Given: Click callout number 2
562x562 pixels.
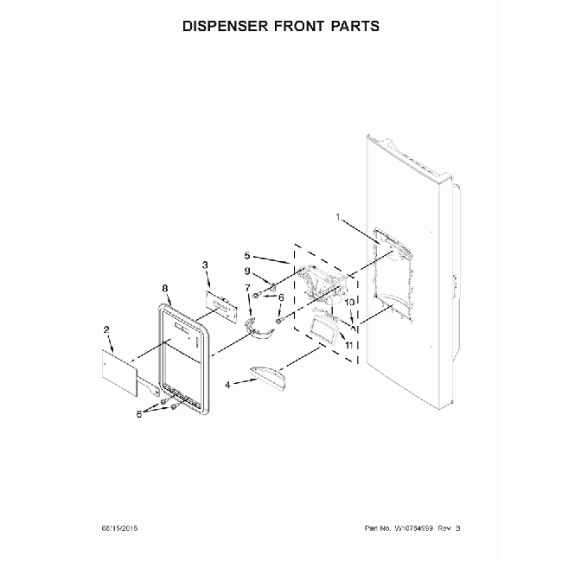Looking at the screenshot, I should coord(106,329).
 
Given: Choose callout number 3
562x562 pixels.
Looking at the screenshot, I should coord(205,265).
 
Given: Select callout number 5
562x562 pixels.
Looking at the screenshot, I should coord(248,255).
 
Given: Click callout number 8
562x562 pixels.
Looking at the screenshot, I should coord(164,291).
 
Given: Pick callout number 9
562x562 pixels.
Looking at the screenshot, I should coord(246,271).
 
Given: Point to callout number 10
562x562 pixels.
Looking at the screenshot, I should coord(351,303).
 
